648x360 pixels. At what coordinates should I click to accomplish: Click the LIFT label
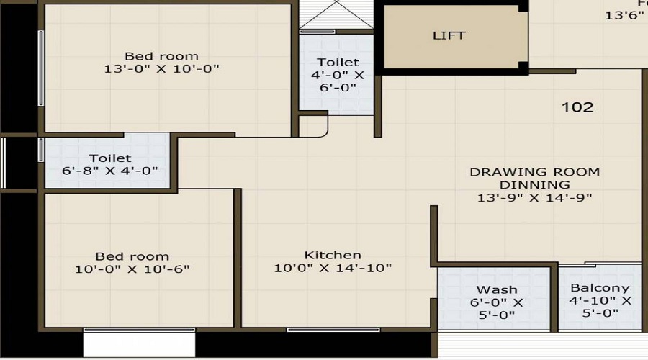tap(449, 35)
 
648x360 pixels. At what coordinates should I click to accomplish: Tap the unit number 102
tap(577, 107)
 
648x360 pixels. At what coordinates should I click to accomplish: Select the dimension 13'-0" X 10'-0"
tap(161, 69)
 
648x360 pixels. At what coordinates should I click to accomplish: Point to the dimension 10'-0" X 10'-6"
tap(132, 269)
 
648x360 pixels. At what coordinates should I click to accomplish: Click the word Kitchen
tap(333, 255)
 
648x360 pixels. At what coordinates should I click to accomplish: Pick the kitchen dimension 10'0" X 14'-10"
tap(333, 269)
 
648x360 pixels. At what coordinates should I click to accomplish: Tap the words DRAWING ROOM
tap(534, 172)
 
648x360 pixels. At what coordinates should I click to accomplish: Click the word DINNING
tap(534, 184)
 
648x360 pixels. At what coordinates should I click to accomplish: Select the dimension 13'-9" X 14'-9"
tap(534, 197)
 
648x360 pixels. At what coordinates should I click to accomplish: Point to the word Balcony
tap(600, 287)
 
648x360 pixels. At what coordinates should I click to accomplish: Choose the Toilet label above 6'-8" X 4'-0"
tap(110, 158)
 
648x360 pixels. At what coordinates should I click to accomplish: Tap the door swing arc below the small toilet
tap(317, 127)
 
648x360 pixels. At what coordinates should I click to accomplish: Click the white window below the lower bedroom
tap(139, 342)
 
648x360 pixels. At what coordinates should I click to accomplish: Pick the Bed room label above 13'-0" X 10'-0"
tap(161, 56)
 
